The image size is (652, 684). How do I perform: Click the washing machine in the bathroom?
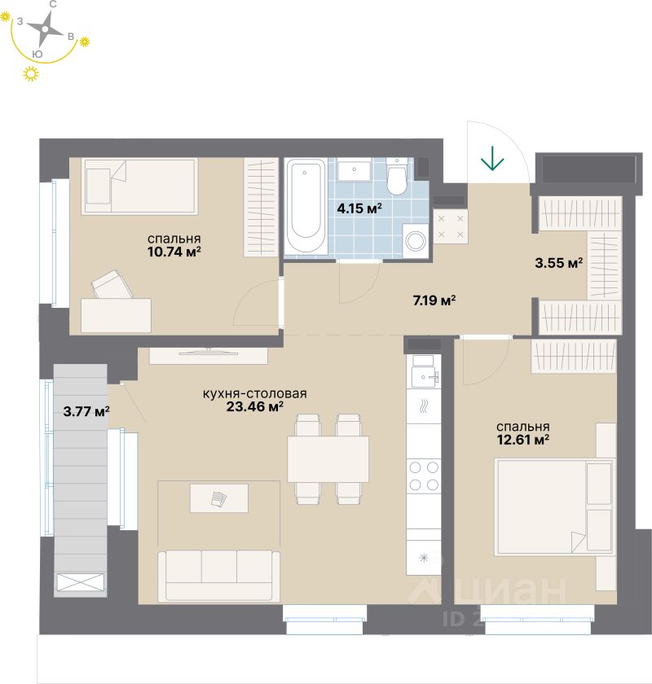pyautogui.click(x=416, y=240)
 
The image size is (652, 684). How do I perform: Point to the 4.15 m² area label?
pyautogui.click(x=359, y=208)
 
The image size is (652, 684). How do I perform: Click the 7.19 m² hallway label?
pyautogui.click(x=434, y=300)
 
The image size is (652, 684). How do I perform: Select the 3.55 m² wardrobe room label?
pyautogui.click(x=558, y=263)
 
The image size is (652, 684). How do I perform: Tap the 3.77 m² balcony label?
pyautogui.click(x=86, y=411)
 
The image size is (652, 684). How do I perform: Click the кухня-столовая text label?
pyautogui.click(x=254, y=394)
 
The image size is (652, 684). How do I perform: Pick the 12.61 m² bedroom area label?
pyautogui.click(x=523, y=441)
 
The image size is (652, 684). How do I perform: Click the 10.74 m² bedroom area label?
pyautogui.click(x=174, y=252)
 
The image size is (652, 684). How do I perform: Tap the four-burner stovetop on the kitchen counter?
pyautogui.click(x=423, y=476)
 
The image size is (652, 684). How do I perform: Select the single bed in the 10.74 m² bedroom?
pyautogui.click(x=141, y=186)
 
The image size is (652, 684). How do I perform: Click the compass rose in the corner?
pyautogui.click(x=46, y=29)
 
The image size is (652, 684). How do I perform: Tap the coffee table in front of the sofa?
pyautogui.click(x=218, y=498)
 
